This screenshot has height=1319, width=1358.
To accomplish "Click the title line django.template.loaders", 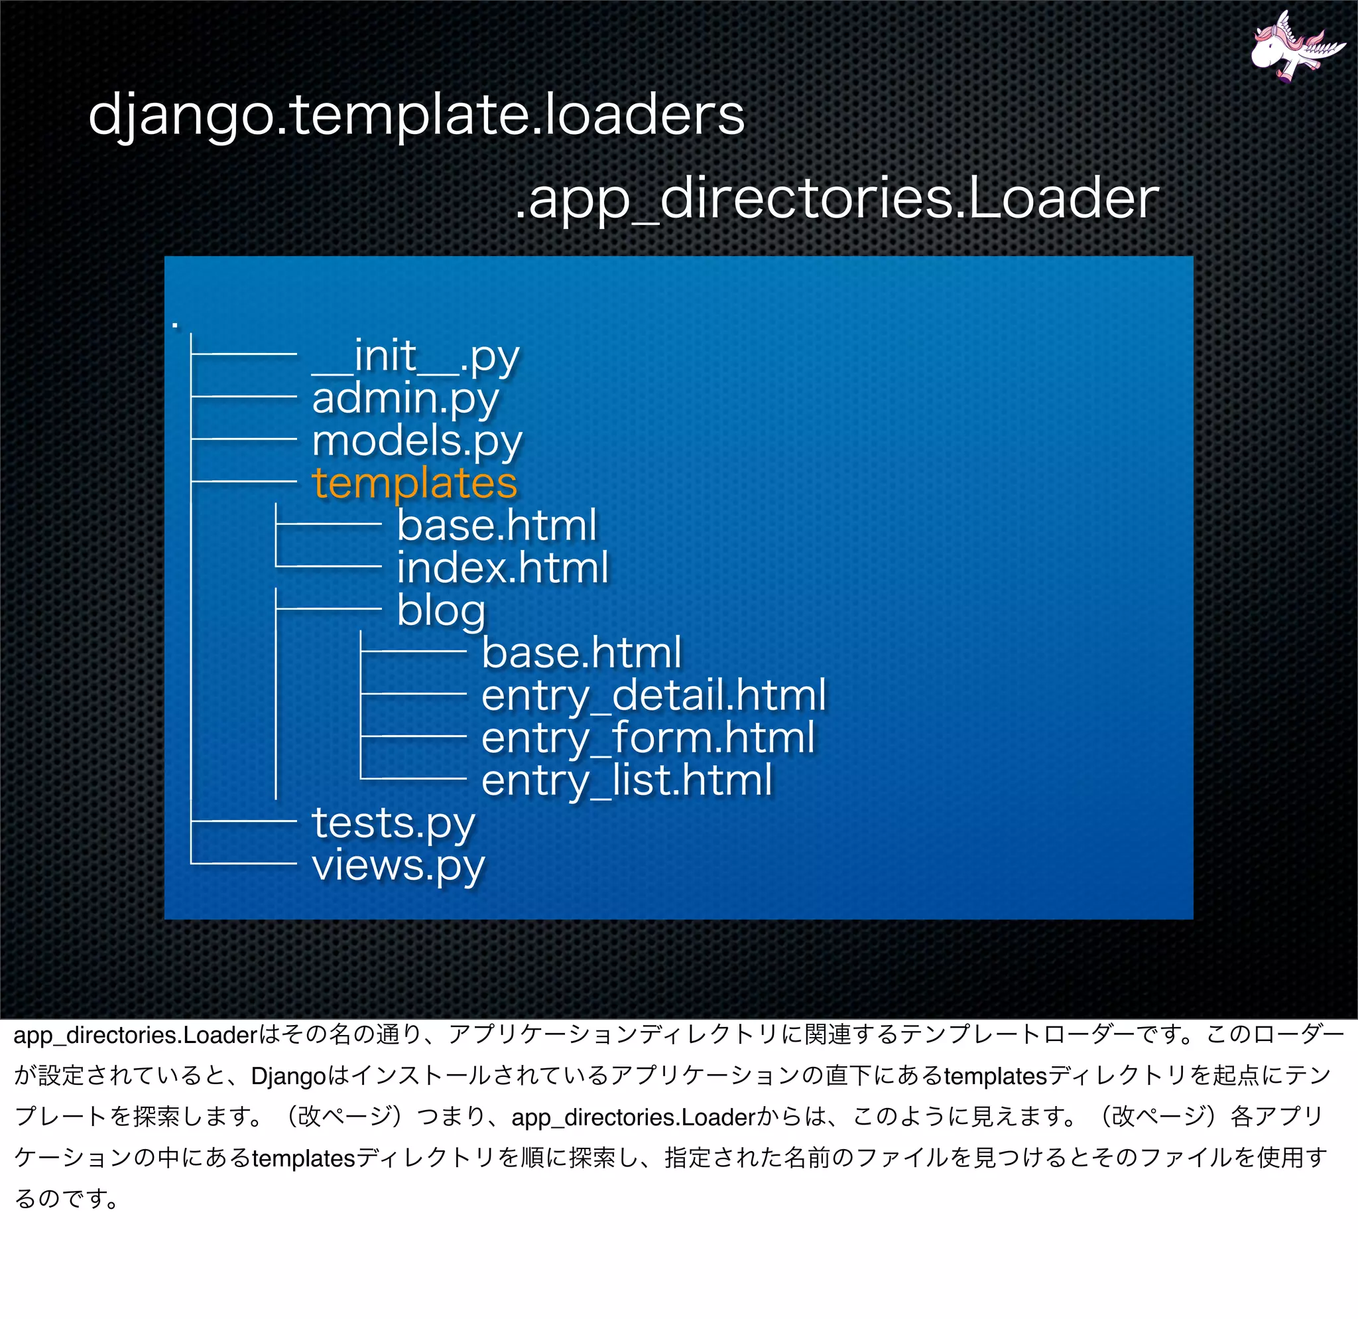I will (416, 114).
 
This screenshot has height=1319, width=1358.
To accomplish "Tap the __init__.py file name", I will (415, 356).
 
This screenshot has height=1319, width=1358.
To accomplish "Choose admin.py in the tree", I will (405, 399).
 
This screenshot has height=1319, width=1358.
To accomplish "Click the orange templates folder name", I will (414, 482).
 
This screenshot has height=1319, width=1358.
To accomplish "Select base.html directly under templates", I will (497, 525).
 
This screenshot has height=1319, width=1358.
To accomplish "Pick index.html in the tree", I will (503, 568).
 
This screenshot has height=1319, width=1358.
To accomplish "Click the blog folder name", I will (442, 610).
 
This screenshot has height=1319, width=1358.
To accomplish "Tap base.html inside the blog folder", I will (582, 652).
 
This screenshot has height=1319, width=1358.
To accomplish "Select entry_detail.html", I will (653, 695).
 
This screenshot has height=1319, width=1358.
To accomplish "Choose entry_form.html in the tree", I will (648, 738).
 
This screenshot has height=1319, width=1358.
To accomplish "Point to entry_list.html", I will (627, 780).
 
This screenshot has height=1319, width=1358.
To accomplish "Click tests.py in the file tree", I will (394, 823).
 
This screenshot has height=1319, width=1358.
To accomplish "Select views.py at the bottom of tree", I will (399, 865).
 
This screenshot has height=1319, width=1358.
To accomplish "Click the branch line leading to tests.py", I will (244, 821).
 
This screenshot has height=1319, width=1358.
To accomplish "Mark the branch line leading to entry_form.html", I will (414, 736).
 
